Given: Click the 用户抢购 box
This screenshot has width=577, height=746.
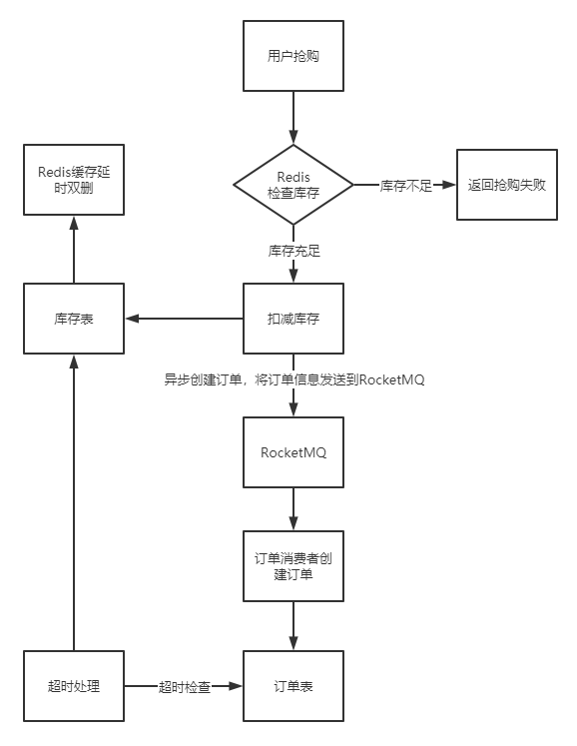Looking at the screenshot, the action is point(293,56).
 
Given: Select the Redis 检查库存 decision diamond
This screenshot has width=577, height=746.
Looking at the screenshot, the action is point(293,185).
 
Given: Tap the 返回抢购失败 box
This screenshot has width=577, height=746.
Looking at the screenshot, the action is point(506,185).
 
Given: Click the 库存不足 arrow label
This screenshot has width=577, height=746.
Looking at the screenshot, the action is point(405,186).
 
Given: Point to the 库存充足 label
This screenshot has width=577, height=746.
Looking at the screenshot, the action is point(293,251).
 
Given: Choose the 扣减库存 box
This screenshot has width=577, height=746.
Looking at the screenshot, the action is point(293,319).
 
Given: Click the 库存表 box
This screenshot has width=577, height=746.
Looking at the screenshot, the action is point(74,319).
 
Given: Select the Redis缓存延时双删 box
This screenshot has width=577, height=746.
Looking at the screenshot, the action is point(74,180).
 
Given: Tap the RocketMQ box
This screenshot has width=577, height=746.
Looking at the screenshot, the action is point(293,452).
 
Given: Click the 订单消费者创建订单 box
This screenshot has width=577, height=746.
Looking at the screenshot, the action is point(293,566).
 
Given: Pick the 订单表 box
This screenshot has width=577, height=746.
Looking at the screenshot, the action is point(293,686).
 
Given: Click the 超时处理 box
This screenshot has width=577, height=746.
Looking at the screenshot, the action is point(74,686).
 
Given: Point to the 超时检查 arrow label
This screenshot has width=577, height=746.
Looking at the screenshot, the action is point(185,686).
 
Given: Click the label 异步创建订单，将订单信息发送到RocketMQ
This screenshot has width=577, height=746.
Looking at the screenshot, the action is point(293,379).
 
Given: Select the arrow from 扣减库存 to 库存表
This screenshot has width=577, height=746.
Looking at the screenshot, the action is point(184,319).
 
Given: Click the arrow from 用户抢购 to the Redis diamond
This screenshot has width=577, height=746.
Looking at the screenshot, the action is point(293,118).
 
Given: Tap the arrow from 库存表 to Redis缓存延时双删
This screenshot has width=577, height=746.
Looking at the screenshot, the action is point(74,250).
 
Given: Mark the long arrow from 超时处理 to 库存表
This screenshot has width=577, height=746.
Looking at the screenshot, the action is point(74,502).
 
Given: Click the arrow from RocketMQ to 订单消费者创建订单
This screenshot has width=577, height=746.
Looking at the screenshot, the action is point(293,509).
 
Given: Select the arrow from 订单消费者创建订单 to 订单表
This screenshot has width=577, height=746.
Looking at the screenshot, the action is point(293,626).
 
